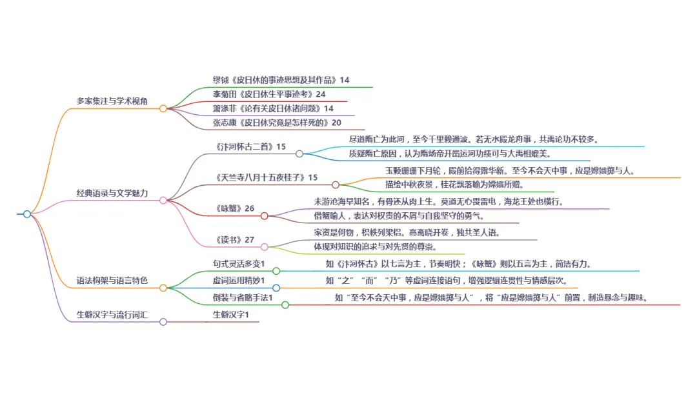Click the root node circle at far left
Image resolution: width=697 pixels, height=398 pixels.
point(26,214)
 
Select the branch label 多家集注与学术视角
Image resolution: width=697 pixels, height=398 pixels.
point(112,101)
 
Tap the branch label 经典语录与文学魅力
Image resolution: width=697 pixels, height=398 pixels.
point(112,193)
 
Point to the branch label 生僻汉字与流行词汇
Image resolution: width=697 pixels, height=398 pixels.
point(112,314)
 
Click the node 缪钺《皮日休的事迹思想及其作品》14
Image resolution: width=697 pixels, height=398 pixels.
point(281,80)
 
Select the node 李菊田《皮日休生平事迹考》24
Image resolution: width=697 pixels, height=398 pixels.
point(269,94)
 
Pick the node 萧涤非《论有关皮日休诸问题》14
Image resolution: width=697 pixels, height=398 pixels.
point(273,108)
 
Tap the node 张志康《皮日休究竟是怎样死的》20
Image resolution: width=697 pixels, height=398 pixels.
point(277,123)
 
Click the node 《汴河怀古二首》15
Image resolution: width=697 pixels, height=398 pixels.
point(250,146)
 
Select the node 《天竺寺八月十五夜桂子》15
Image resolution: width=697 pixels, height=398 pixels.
point(266,177)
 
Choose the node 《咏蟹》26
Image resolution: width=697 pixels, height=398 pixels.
point(235,208)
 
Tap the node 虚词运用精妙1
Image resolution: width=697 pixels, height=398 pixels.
point(239,281)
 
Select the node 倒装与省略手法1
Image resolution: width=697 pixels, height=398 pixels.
point(243,297)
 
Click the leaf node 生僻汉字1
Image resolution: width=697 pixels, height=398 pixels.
point(231,314)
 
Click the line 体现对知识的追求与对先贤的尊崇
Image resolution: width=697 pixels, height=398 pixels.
point(374,246)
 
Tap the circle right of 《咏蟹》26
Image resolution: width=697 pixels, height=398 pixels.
point(264,215)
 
